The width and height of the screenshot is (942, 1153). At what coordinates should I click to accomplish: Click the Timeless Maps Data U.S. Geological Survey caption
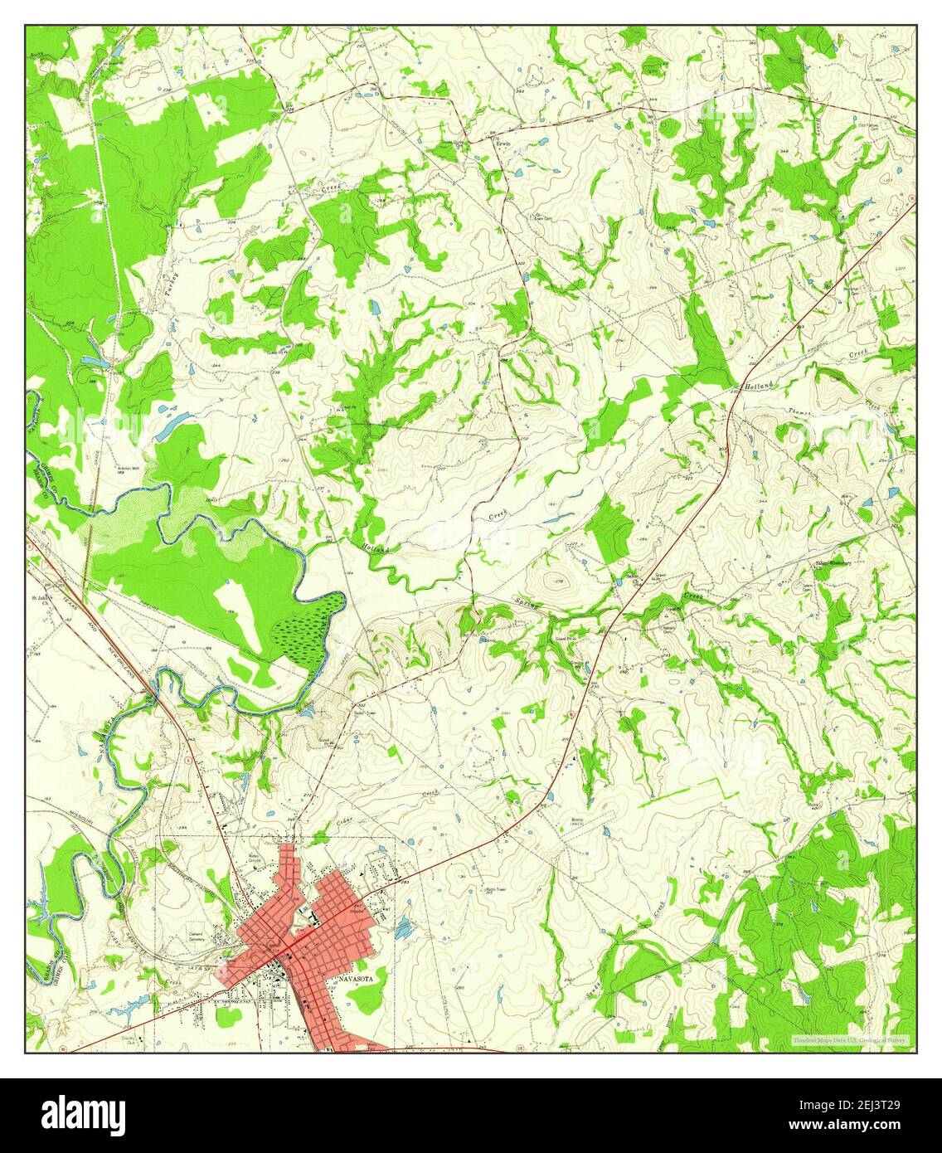coord(851,1040)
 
